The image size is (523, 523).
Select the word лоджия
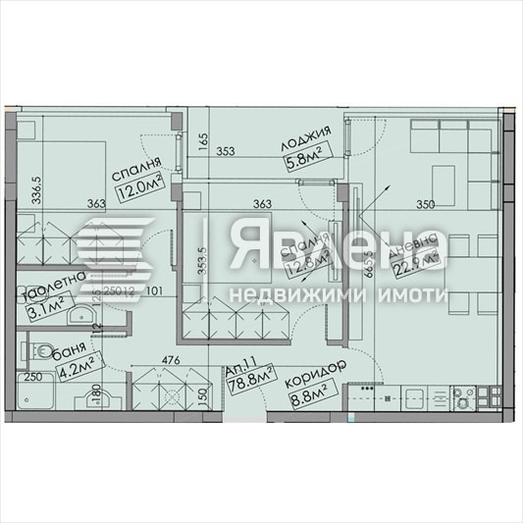point(303,132)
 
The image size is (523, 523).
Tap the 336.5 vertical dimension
point(38,185)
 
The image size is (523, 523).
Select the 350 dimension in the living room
point(426,204)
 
